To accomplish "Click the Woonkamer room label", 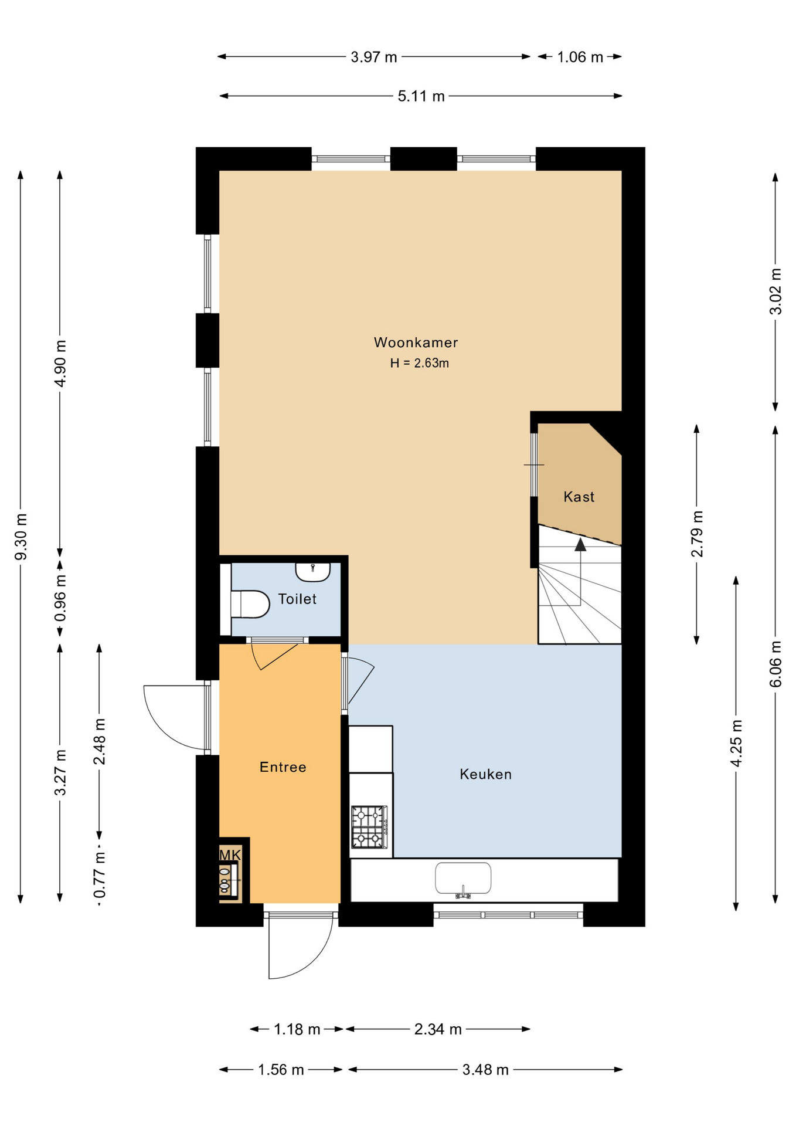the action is pyautogui.click(x=416, y=342).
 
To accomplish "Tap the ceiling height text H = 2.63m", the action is pyautogui.click(x=420, y=363).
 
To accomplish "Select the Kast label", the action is pyautogui.click(x=579, y=497).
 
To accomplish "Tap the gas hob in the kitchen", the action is pyautogui.click(x=369, y=827).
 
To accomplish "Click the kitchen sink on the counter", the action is pyautogui.click(x=463, y=879).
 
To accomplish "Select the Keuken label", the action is pyautogui.click(x=485, y=774).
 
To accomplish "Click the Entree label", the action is pyautogui.click(x=283, y=767).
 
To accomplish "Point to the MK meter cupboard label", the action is pyautogui.click(x=230, y=855).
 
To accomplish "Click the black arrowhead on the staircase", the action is pyautogui.click(x=580, y=545).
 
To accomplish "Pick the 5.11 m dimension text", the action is pyautogui.click(x=421, y=96).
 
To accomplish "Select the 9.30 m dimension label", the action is pyautogui.click(x=21, y=537).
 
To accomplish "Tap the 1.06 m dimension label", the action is pyautogui.click(x=580, y=57).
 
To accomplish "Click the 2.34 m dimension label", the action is pyautogui.click(x=438, y=1029).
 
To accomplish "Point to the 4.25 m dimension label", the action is pyautogui.click(x=736, y=743).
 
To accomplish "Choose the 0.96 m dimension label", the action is pyautogui.click(x=60, y=598).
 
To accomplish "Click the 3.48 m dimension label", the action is pyautogui.click(x=485, y=1070).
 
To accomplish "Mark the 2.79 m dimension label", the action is pyautogui.click(x=697, y=534).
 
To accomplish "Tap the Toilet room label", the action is pyautogui.click(x=297, y=599).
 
